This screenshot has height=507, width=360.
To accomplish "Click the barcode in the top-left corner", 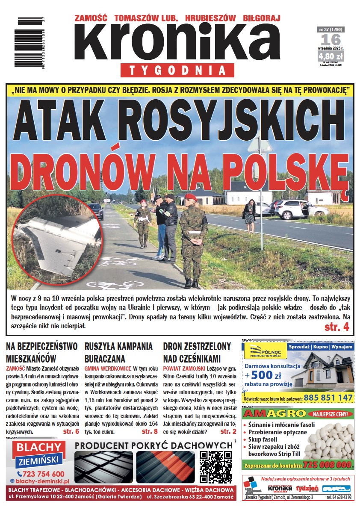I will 33,41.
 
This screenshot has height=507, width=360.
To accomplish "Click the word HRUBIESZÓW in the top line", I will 210,18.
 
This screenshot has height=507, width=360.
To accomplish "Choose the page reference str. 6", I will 71,431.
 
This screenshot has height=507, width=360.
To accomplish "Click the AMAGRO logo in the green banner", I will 269,414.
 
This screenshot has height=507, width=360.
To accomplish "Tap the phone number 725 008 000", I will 327,464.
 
